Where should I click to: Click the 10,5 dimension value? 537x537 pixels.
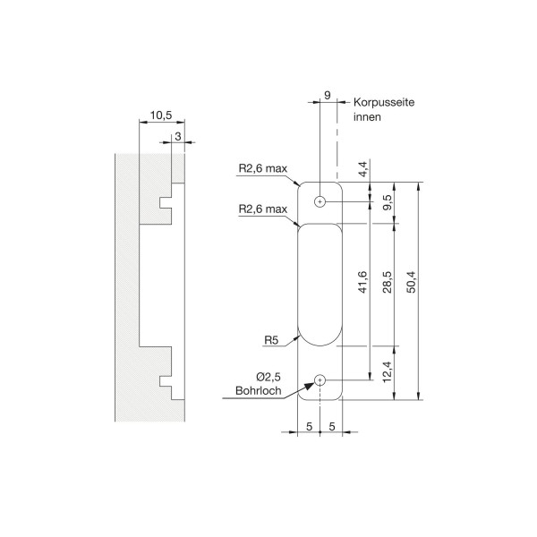161,115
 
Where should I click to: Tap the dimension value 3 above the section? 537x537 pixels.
178,136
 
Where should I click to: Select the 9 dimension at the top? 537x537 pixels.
328,95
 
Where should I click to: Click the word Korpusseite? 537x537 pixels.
384,102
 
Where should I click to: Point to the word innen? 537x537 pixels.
367,116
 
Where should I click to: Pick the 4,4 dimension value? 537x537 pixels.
363,169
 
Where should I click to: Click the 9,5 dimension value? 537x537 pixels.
388,202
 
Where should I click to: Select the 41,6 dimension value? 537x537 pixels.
362,282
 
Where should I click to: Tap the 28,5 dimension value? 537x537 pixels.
388,282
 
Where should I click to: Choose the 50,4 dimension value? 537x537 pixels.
412,282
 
